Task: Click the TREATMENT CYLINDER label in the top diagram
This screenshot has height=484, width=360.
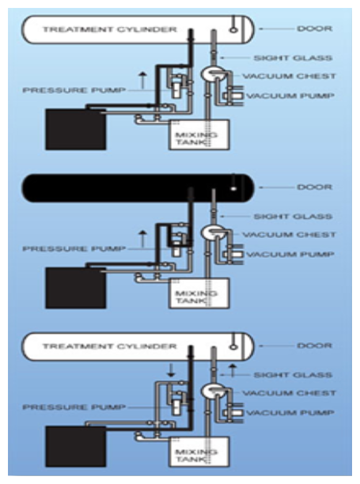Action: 110,29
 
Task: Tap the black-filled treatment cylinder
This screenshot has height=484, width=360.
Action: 138,188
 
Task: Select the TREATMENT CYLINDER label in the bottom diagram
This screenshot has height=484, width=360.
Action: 110,346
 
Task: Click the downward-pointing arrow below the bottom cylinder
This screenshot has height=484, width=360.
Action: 171,370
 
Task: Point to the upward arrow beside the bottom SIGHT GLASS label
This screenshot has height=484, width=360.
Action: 233,370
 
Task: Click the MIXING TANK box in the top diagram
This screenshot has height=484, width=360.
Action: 199,134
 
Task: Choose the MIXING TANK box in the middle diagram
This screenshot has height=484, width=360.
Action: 199,293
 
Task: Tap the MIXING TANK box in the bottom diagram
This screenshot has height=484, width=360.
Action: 199,452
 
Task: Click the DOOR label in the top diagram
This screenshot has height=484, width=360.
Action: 314,28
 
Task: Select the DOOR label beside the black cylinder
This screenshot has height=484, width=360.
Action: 314,187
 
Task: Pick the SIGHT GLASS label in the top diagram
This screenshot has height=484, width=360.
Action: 293,58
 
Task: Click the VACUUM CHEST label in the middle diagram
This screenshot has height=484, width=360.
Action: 289,235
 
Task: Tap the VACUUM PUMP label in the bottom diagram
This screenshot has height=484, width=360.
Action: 290,413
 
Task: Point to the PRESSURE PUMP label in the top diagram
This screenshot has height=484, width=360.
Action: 74,90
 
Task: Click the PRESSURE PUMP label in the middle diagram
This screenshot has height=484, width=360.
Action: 74,249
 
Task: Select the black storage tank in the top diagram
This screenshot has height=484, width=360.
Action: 76,130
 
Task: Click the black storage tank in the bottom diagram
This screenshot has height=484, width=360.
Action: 76,446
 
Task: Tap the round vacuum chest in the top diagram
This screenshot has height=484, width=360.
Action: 211,74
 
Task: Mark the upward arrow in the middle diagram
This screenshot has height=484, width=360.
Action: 142,239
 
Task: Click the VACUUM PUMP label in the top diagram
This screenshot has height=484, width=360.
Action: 290,96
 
